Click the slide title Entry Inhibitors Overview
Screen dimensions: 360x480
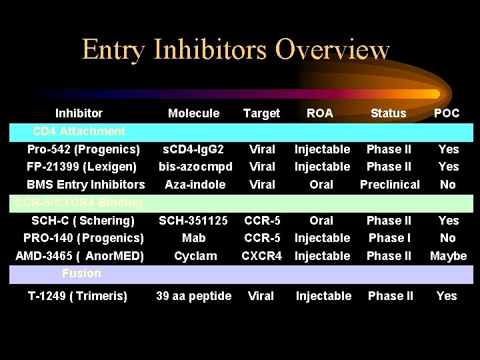[235, 50]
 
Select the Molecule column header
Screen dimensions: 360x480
[193, 113]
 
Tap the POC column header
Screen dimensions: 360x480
[447, 113]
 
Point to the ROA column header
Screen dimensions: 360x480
[320, 113]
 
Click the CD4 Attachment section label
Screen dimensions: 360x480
[79, 131]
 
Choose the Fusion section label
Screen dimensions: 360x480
[81, 273]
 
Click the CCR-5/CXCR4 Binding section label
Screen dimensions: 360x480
[79, 202]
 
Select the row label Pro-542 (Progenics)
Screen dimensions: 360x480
[83, 149]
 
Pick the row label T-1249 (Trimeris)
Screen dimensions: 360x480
[77, 296]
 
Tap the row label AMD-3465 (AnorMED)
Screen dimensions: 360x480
[83, 256]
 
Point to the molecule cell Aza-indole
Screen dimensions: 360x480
[195, 185]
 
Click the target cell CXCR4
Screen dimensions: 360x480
[261, 256]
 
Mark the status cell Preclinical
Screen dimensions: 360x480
[390, 185]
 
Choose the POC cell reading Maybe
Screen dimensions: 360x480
[449, 256]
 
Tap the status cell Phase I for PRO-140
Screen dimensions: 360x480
[389, 238]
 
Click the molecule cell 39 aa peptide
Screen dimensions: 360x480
[193, 296]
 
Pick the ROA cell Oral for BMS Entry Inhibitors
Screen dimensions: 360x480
[321, 185]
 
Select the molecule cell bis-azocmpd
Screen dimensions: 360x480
[195, 167]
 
